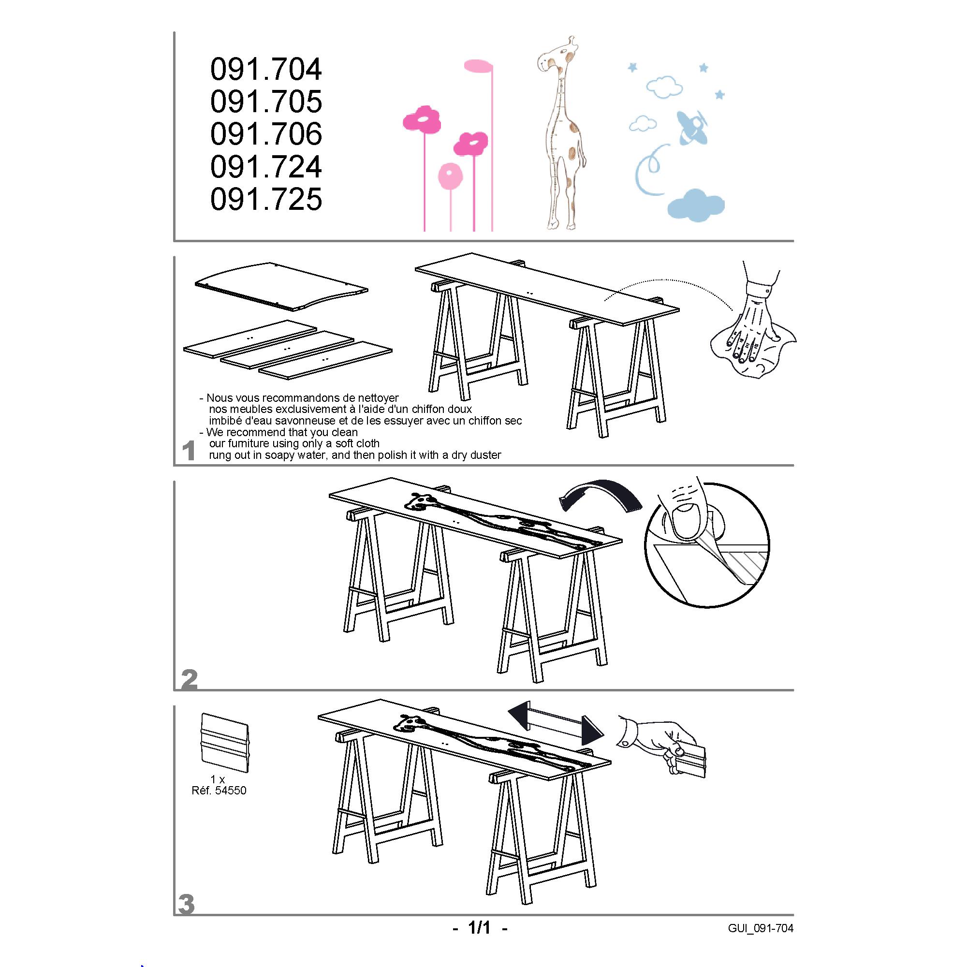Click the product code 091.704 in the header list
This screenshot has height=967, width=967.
pyautogui.click(x=266, y=69)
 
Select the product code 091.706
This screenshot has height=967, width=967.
pyautogui.click(x=266, y=134)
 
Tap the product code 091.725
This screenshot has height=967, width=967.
pyautogui.click(x=266, y=199)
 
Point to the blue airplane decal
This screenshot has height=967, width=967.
pyautogui.click(x=693, y=127)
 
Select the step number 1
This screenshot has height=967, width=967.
pyautogui.click(x=188, y=451)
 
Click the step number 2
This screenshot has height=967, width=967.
pyautogui.click(x=189, y=680)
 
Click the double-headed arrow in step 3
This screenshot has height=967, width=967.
pyautogui.click(x=556, y=721)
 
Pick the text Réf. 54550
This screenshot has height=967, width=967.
pyautogui.click(x=219, y=791)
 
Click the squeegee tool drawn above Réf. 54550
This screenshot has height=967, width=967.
pyautogui.click(x=224, y=743)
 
